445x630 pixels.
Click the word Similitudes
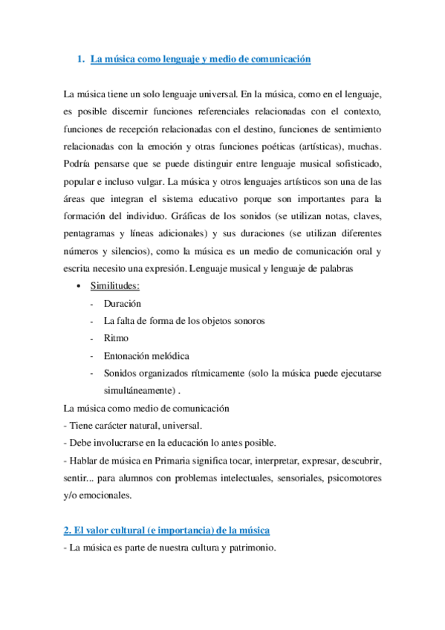point(115,286)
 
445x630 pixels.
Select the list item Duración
point(123,303)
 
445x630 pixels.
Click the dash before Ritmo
point(91,338)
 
